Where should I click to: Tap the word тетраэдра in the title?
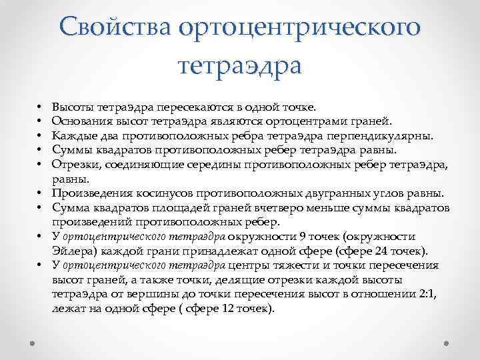coord(240,65)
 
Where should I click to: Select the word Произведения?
coord(90,193)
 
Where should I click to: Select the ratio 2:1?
coord(425,295)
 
